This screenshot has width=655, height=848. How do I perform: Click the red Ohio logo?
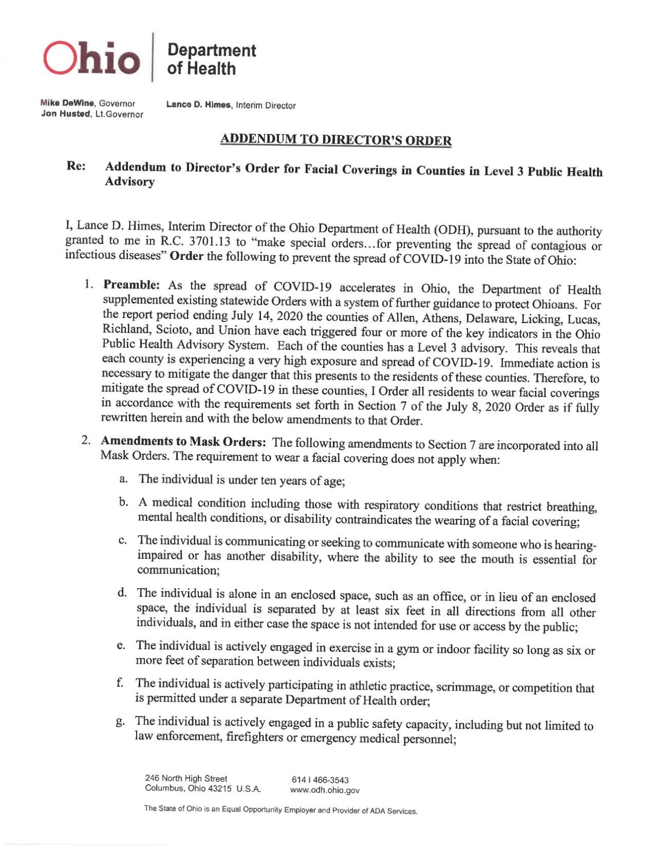click(92, 57)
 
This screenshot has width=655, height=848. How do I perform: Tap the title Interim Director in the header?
click(266, 106)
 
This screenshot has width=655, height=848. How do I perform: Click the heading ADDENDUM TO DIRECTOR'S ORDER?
click(336, 140)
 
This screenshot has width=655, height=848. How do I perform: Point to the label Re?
click(76, 166)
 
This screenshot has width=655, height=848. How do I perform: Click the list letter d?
click(122, 592)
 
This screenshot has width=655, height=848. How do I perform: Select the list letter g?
click(120, 721)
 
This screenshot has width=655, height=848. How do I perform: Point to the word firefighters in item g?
click(254, 737)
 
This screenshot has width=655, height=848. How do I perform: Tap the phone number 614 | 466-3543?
click(320, 780)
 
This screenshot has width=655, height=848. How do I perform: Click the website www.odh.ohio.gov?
click(324, 790)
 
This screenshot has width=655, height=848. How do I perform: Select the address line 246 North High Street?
click(186, 778)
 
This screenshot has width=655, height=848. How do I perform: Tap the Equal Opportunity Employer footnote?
click(280, 810)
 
